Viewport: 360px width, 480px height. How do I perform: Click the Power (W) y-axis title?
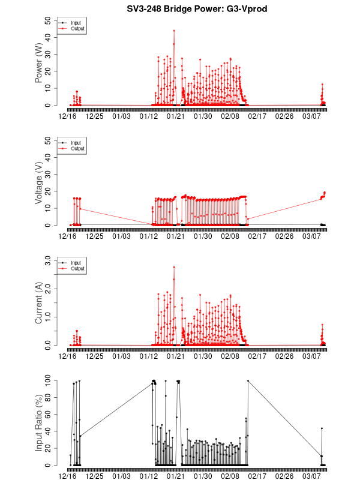pyautogui.click(x=39, y=63)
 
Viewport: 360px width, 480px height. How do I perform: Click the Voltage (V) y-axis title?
pyautogui.click(x=39, y=183)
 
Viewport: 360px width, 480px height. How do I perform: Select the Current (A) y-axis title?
pyautogui.click(x=39, y=303)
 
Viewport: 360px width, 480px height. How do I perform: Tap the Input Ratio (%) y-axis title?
pyautogui.click(x=39, y=423)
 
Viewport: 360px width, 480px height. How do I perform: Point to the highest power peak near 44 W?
pyautogui.click(x=174, y=30)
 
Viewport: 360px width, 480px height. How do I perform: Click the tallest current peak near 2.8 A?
pyautogui.click(x=174, y=268)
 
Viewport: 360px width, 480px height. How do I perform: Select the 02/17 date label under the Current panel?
pyautogui.click(x=257, y=356)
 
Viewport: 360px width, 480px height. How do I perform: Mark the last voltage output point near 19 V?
pyautogui.click(x=325, y=193)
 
